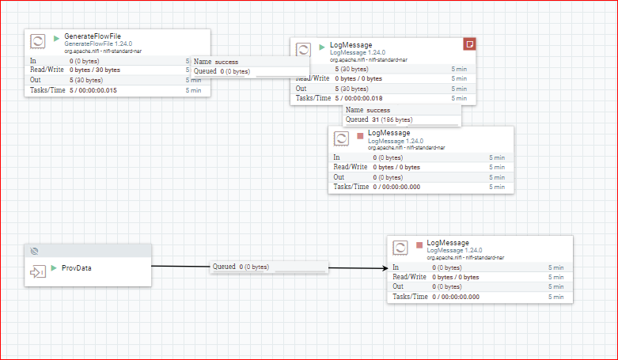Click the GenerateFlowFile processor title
(x=93, y=36)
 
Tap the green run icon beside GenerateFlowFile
(x=56, y=39)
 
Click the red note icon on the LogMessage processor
(x=469, y=44)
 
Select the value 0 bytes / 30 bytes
(x=95, y=70)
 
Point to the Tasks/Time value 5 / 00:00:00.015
(x=93, y=90)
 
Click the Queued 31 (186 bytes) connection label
(x=379, y=119)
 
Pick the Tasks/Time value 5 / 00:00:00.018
(x=358, y=98)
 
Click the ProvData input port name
(x=77, y=268)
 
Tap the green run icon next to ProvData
(x=54, y=268)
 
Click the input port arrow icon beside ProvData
(x=38, y=271)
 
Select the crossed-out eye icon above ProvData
(x=34, y=251)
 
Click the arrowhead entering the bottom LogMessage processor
(x=385, y=268)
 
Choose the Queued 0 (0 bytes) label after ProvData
(x=241, y=267)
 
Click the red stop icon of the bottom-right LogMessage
(x=419, y=245)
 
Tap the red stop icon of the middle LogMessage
(x=360, y=136)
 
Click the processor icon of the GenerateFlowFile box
(x=38, y=41)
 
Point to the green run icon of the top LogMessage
(x=322, y=47)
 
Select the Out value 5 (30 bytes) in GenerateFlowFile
(x=86, y=80)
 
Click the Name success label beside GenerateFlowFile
(x=216, y=62)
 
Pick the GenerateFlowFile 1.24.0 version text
(x=98, y=44)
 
